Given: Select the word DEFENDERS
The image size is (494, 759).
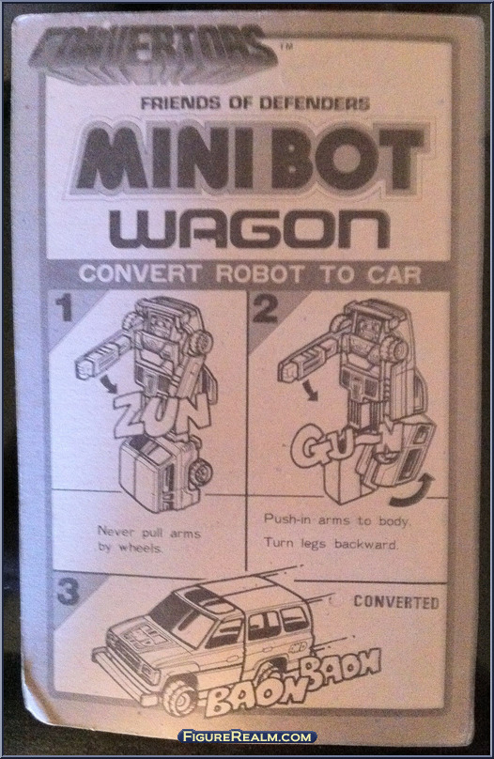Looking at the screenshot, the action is point(315,103).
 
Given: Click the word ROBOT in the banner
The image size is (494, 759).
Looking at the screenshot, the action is point(259,274).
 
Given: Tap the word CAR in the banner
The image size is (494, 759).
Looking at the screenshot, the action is point(394,274).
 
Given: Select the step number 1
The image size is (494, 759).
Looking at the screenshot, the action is point(64,308).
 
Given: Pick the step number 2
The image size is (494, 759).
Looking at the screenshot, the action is point(265,309).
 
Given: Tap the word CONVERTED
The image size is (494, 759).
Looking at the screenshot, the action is point(396,602).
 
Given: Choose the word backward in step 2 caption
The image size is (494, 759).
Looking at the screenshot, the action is point(366,544).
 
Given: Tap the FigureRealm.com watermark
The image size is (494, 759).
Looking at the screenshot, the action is point(247,737).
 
